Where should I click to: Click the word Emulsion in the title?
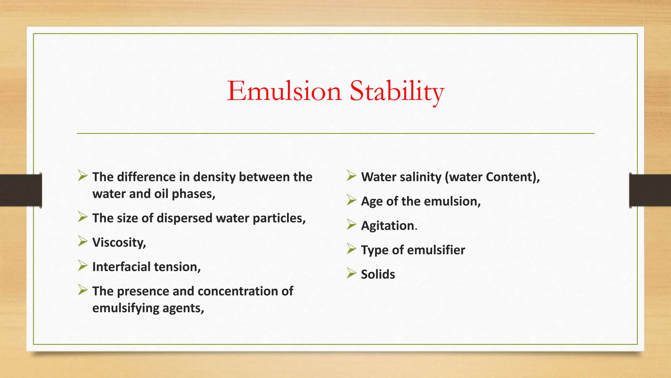pos(284,91)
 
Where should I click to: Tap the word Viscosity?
pos(119,242)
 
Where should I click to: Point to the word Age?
pos(372,201)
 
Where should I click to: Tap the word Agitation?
pos(388,226)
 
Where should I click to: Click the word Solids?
pos(378,274)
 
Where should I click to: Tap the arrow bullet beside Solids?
pos(351,273)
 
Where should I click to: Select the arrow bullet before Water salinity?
pos(351,176)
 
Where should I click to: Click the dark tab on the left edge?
pos(21,190)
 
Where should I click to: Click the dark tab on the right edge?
pos(650,190)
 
